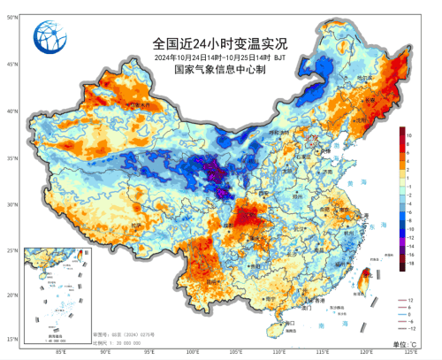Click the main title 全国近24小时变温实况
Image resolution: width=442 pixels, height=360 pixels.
220,42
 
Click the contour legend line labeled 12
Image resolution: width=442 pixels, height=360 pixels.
396,300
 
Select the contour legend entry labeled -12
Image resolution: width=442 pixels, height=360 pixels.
396,329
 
